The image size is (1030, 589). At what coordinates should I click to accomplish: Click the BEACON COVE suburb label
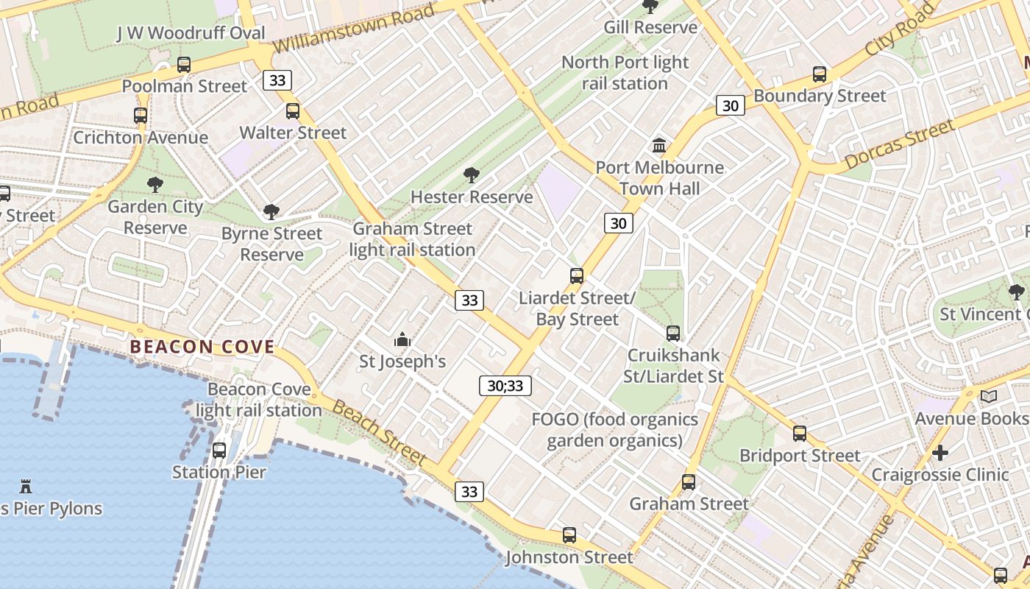tap(202, 347)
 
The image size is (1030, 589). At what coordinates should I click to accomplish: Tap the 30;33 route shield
tap(505, 385)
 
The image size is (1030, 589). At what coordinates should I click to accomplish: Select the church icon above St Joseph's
tap(402, 339)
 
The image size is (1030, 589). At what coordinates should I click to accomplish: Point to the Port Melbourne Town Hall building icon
tap(659, 146)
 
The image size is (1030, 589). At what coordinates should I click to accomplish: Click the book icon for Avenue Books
tap(989, 397)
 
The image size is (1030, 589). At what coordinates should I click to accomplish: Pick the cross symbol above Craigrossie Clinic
tap(940, 452)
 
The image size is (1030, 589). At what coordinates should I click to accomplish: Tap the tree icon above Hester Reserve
tap(472, 175)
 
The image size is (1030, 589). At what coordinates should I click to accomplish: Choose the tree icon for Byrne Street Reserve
tap(271, 212)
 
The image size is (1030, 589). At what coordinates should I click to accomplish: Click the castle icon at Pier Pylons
tap(26, 486)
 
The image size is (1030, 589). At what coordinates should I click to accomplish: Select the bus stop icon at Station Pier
tap(219, 450)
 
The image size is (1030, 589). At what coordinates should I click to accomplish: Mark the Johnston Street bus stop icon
tap(569, 535)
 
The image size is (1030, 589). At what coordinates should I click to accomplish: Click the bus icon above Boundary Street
tap(820, 74)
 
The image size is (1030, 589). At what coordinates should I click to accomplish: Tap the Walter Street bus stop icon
tap(293, 111)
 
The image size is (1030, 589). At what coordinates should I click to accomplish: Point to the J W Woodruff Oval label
tap(191, 33)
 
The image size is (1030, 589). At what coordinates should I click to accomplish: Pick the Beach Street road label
tap(379, 433)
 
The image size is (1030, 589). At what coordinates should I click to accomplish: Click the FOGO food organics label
tap(614, 430)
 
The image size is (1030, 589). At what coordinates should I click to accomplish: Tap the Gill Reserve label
tap(650, 27)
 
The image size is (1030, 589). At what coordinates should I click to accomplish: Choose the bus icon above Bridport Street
tap(800, 434)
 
